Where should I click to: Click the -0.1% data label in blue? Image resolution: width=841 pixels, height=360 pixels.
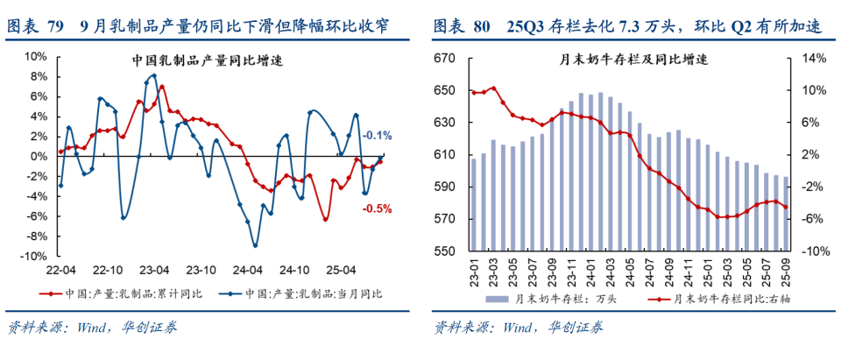click(377, 135)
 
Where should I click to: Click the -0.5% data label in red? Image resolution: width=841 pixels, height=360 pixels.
click(377, 208)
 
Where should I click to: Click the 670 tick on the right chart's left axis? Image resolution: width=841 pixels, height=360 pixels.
click(445, 59)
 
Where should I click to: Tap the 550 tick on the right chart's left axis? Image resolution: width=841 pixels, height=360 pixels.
click(445, 252)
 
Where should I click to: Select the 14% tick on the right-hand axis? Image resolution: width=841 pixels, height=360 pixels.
click(815, 59)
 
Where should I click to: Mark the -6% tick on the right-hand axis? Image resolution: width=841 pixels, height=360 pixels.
click(815, 220)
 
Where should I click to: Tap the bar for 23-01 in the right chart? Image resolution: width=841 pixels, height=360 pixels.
click(474, 205)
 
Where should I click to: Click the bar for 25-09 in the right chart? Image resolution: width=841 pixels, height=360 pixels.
click(786, 215)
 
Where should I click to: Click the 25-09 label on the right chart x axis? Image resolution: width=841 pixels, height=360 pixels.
click(786, 272)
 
